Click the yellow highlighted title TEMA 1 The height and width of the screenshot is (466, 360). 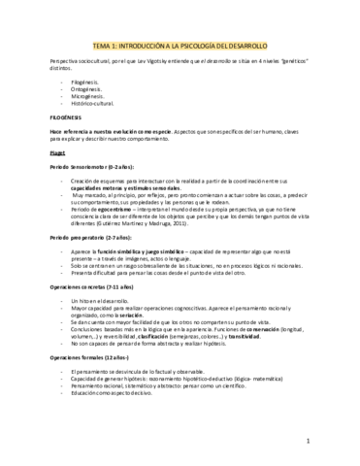pyautogui.click(x=180, y=45)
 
